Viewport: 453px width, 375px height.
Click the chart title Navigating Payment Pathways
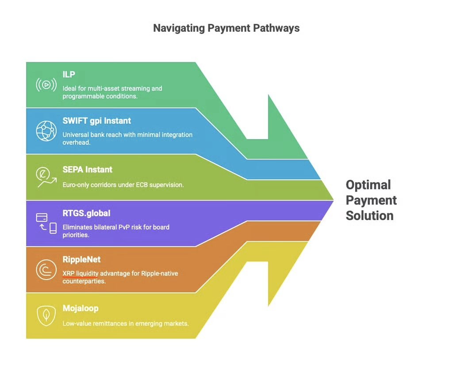click(226, 28)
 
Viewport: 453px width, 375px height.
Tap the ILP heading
click(69, 75)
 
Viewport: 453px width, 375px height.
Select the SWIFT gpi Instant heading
click(96, 121)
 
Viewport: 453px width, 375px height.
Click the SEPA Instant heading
click(87, 169)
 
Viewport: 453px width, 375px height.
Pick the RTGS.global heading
click(86, 213)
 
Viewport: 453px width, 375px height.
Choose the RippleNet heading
click(81, 259)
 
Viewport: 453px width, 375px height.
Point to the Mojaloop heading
click(80, 308)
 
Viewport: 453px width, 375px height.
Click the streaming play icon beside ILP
click(46, 84)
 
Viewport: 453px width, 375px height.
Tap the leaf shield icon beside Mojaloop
click(46, 315)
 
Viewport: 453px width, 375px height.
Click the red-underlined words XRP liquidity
click(80, 273)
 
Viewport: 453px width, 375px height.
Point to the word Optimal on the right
click(368, 185)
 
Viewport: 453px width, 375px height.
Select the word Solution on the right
click(369, 216)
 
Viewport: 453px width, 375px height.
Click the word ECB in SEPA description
click(142, 185)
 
